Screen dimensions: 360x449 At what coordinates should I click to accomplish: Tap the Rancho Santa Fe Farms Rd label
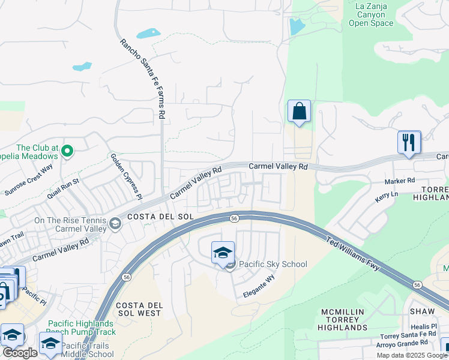pyautogui.click(x=143, y=78)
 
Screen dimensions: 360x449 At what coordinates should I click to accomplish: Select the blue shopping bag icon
pyautogui.click(x=299, y=112)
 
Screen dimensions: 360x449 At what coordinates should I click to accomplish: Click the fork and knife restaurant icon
pyautogui.click(x=409, y=142)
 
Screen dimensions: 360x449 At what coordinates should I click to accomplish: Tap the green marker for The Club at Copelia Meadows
pyautogui.click(x=67, y=151)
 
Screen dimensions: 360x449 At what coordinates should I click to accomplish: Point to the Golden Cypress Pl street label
pyautogui.click(x=125, y=176)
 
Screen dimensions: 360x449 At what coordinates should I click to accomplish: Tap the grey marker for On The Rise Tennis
pyautogui.click(x=113, y=224)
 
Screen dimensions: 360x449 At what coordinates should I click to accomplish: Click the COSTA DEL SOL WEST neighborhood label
pyautogui.click(x=139, y=309)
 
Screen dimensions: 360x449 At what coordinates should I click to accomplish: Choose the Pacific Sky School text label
pyautogui.click(x=273, y=264)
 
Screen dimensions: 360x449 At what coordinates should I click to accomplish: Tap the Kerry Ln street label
pyautogui.click(x=386, y=196)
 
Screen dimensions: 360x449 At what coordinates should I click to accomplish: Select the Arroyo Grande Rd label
pyautogui.click(x=408, y=343)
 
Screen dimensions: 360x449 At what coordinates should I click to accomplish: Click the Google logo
pyautogui.click(x=20, y=353)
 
